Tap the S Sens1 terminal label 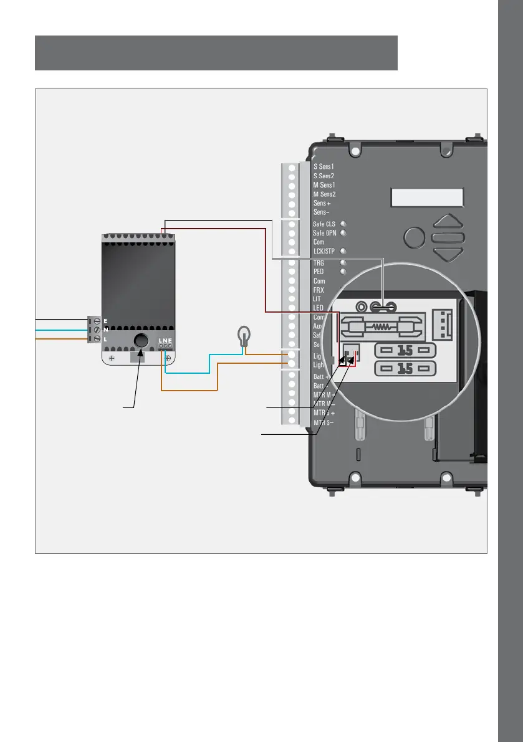[x=324, y=167]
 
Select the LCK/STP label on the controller [x=325, y=251]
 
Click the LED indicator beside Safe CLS [x=343, y=223]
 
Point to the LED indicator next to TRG [x=343, y=263]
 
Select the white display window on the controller [x=427, y=198]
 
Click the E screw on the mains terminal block [x=97, y=321]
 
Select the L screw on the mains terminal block [x=97, y=338]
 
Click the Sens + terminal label [x=322, y=203]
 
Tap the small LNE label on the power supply [x=165, y=341]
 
